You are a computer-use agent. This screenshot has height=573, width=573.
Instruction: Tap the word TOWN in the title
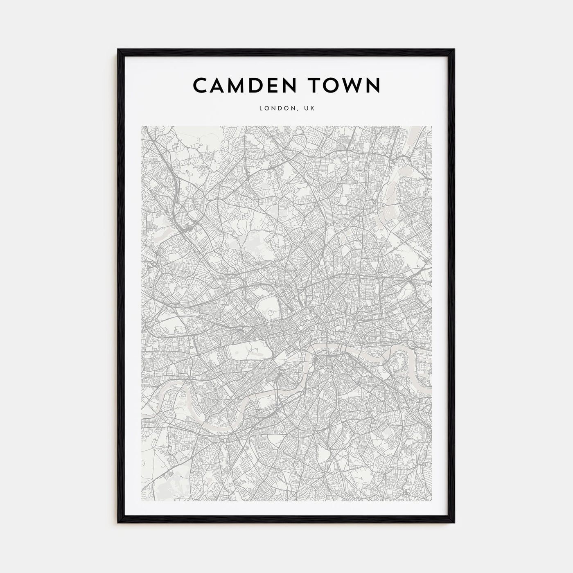click(345, 85)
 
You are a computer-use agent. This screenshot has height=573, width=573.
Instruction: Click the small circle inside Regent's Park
click(271, 313)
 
